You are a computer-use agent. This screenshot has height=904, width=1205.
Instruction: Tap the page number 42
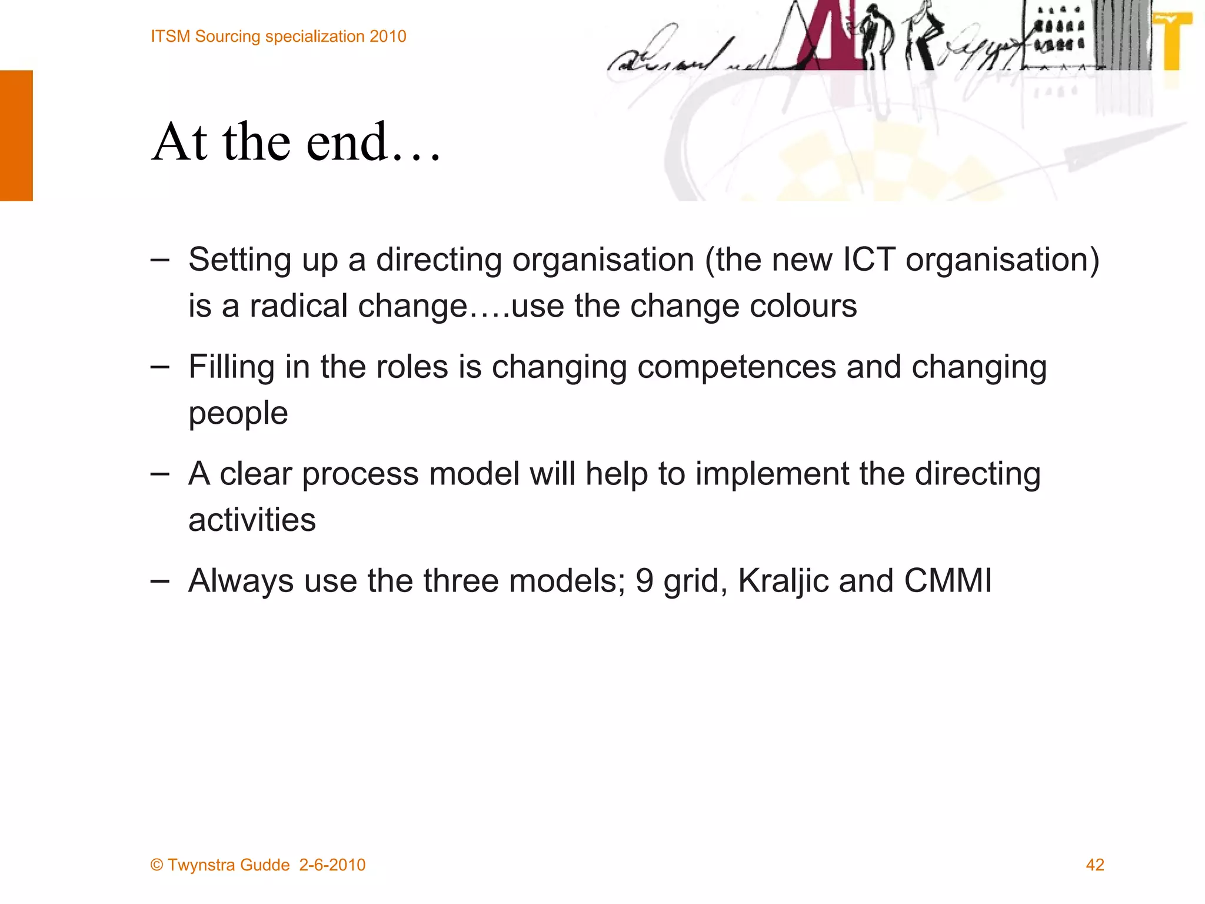[x=1094, y=865]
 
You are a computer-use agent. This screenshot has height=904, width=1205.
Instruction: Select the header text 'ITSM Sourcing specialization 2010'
[x=278, y=36]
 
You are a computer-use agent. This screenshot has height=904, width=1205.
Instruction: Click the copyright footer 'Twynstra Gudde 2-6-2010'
[x=258, y=865]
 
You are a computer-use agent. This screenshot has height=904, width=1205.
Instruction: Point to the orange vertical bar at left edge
[x=16, y=135]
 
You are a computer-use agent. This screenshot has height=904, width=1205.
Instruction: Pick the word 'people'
[x=238, y=413]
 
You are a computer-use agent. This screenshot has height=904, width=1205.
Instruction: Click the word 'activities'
[x=252, y=520]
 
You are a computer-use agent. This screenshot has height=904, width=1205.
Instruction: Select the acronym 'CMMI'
[x=947, y=581]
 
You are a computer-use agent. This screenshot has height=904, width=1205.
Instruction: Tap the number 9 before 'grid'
[x=644, y=581]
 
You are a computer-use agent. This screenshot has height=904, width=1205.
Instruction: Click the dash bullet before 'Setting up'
[x=159, y=260]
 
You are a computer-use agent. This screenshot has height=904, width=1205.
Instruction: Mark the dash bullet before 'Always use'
[x=159, y=581]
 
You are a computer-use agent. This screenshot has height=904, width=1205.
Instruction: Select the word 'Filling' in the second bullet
[x=231, y=367]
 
